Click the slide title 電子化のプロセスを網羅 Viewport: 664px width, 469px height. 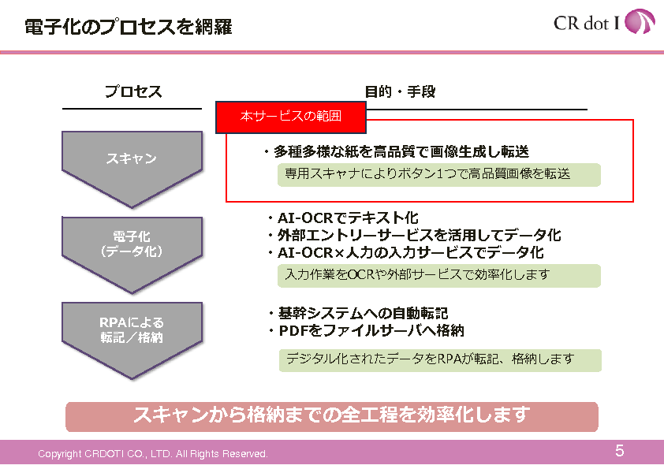coord(128,27)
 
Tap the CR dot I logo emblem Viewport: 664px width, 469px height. coord(639,22)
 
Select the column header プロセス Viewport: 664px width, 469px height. coord(133,91)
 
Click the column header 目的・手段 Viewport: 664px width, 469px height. coord(400,91)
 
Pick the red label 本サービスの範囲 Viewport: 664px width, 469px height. coord(291,117)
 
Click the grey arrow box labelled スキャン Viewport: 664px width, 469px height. coord(132,160)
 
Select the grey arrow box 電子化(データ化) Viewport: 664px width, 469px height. coord(132,244)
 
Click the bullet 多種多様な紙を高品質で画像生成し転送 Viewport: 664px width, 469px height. coord(396,151)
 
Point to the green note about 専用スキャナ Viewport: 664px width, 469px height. coord(438,174)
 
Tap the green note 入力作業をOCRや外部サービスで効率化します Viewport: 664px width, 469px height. coord(438,275)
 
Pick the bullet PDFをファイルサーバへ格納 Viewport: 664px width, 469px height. coord(365,330)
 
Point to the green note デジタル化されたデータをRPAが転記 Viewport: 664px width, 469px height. coord(439,359)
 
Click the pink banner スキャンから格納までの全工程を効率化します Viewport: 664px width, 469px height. coord(331,415)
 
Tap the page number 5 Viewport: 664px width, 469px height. coord(620,452)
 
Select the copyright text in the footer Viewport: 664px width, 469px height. coord(153,454)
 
